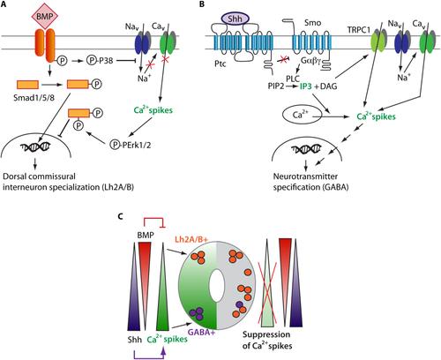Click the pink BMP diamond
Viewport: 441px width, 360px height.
pos(44,17)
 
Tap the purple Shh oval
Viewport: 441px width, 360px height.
pos(235,19)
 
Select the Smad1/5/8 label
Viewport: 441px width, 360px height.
pos(34,98)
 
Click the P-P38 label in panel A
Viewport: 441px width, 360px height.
pos(100,61)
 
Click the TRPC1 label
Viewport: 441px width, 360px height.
pos(358,30)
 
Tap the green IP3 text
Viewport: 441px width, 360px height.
pos(305,86)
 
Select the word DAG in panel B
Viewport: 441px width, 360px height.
pos(328,86)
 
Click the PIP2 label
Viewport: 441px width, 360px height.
pos(276,86)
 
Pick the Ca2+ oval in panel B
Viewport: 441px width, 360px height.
pos(298,115)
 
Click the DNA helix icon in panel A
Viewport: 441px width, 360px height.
pos(35,146)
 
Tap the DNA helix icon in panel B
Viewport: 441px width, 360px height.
pos(306,149)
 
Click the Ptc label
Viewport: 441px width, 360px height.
pos(220,64)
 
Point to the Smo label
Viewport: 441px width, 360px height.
pos(313,23)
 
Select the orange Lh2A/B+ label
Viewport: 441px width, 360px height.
pos(191,239)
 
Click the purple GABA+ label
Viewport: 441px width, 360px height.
pos(201,333)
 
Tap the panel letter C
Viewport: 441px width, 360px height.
pos(120,216)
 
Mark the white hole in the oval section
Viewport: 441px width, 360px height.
pos(217,285)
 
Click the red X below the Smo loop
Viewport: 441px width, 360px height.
pos(283,60)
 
